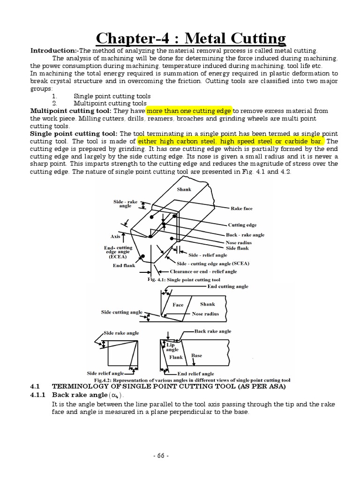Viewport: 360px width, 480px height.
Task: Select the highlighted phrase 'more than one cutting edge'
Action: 189,111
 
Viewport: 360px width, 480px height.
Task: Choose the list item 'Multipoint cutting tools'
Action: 110,103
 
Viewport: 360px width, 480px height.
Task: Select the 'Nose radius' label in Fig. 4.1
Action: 239,242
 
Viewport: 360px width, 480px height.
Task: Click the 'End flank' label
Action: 124,265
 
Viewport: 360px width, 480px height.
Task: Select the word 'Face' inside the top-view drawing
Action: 178,305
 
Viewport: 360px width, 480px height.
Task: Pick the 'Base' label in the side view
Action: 197,356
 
